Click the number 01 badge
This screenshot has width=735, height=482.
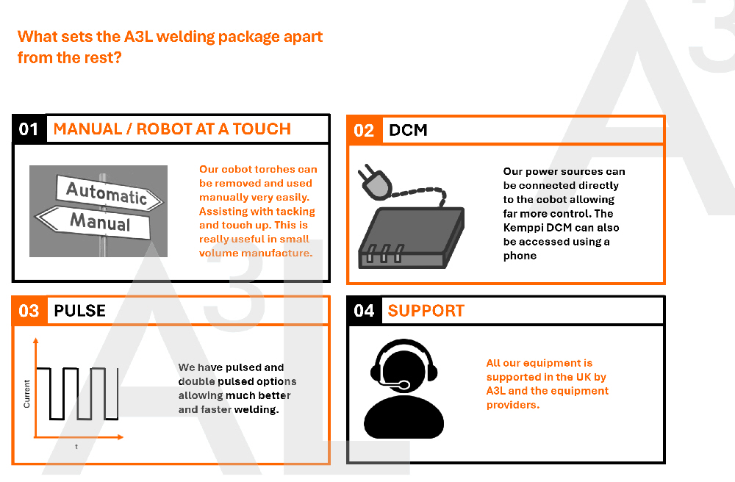pos(29,129)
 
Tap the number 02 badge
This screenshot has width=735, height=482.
pos(365,130)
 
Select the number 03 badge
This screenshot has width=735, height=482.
pos(29,311)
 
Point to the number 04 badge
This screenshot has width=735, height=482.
pos(365,311)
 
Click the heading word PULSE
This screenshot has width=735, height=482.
pos(79,311)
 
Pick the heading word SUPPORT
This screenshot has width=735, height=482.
pos(426,311)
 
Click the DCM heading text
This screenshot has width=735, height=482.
pos(408,130)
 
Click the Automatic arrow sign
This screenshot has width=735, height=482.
pos(110,193)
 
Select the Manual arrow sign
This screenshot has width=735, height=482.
pos(94,222)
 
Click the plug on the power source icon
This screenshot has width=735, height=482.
pos(374,181)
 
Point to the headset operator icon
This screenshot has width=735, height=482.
pos(404,389)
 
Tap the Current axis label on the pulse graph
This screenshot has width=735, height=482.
pos(26,394)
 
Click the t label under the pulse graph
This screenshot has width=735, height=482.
pos(76,447)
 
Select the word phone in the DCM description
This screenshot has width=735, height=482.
pos(520,256)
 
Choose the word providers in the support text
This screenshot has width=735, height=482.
pos(513,405)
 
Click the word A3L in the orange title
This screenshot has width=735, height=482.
pos(138,37)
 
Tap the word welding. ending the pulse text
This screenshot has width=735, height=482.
pos(257,409)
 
